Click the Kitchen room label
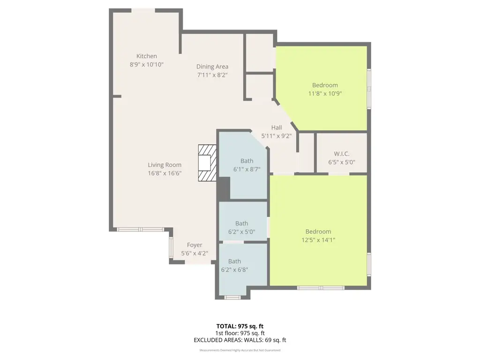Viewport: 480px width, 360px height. [147, 56]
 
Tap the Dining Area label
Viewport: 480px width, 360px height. [212, 67]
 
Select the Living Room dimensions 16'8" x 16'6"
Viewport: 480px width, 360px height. [165, 173]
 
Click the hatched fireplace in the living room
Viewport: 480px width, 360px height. [207, 163]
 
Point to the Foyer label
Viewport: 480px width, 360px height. [195, 245]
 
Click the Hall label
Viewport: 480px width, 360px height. [277, 127]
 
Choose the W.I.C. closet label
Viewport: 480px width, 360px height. [342, 154]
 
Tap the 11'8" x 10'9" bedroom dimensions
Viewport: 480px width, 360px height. [325, 93]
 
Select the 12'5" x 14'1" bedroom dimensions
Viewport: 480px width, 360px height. [318, 240]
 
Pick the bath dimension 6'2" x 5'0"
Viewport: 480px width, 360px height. [241, 232]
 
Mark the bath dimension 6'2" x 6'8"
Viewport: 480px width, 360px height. [234, 270]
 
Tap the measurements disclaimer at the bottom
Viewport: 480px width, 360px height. [240, 350]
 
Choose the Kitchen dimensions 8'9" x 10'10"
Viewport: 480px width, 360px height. [147, 65]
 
